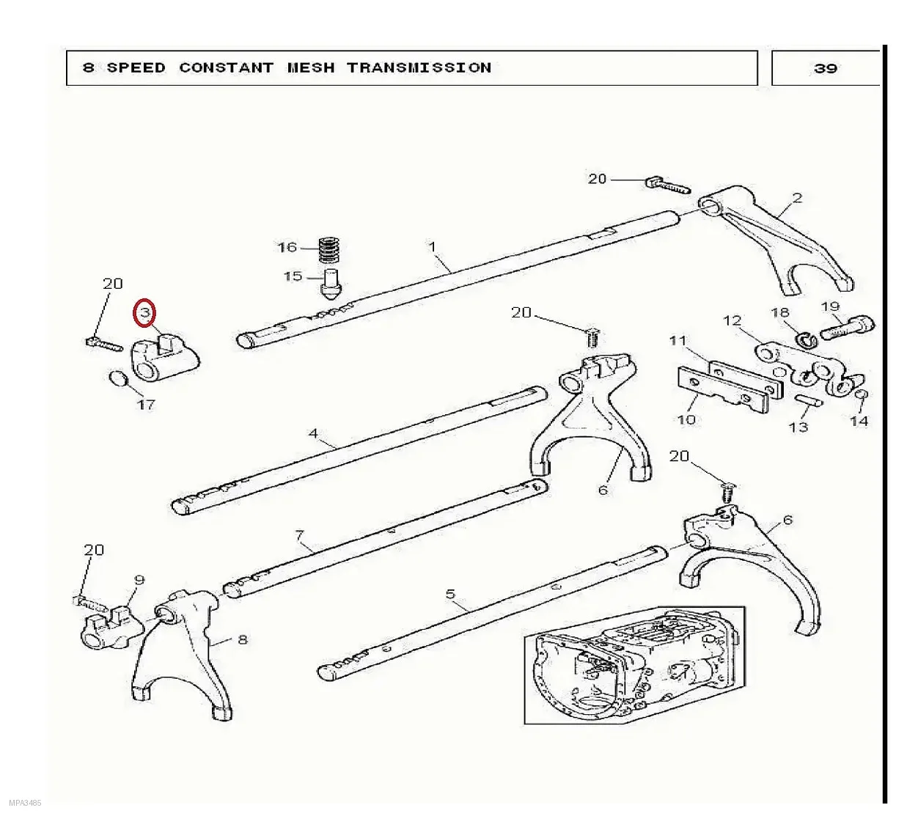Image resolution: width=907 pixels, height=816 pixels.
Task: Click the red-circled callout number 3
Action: (144, 312)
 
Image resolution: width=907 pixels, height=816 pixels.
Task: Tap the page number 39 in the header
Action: (825, 68)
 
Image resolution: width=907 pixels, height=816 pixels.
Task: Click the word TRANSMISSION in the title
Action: (419, 67)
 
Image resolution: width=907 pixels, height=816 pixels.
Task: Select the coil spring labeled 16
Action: (330, 249)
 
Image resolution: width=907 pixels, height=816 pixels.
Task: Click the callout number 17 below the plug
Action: (146, 404)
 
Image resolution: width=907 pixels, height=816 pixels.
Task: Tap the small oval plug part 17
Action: (118, 378)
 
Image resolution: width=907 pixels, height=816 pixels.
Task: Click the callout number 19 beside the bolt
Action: (830, 306)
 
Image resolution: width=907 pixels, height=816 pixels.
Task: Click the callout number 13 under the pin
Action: (798, 427)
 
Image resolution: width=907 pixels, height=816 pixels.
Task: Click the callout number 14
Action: (859, 421)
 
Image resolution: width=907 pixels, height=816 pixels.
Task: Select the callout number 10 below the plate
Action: (686, 419)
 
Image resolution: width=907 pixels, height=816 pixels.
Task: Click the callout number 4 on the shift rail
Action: (313, 433)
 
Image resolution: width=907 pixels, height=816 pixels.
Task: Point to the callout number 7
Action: (299, 535)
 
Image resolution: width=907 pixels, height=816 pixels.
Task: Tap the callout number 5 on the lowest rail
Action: (450, 594)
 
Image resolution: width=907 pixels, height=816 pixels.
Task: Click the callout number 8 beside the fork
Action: (243, 639)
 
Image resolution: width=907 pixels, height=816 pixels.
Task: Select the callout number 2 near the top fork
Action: (797, 198)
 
